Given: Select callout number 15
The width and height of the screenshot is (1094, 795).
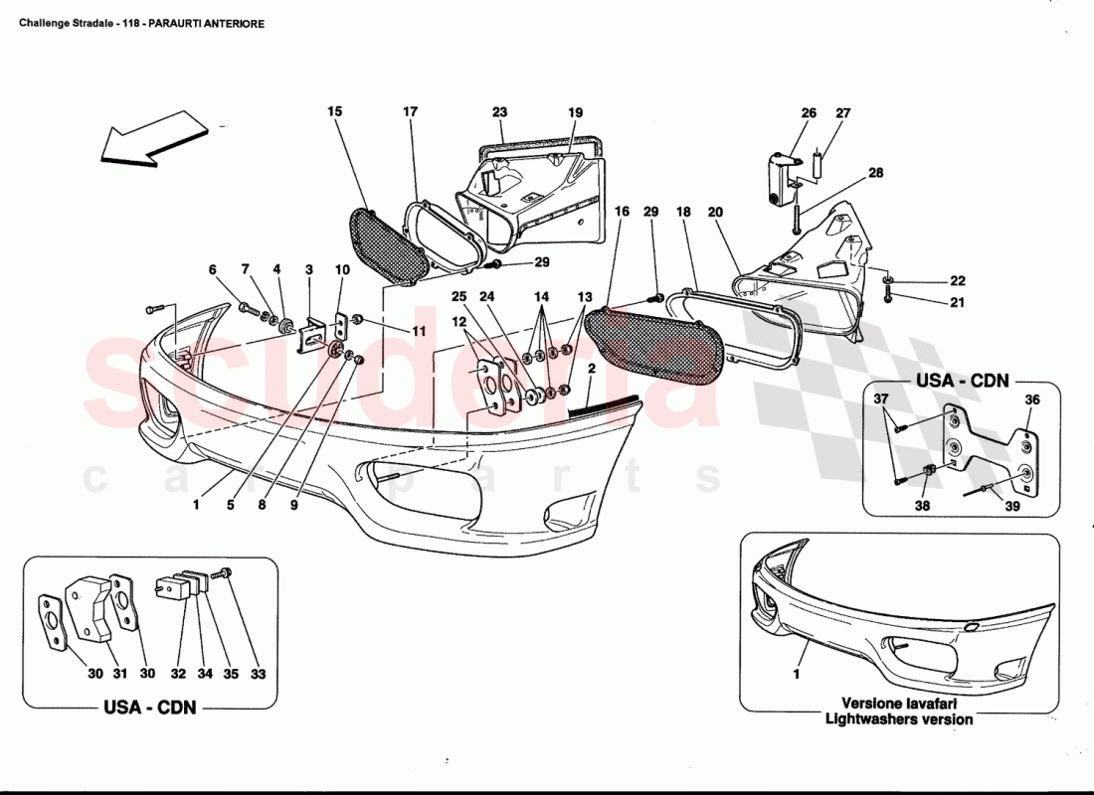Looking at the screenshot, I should [x=335, y=112].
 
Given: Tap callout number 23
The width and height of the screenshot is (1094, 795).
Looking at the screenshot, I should [x=499, y=112].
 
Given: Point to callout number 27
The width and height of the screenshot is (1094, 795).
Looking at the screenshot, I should [x=843, y=113].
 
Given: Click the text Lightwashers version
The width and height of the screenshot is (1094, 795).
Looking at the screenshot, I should [x=898, y=718].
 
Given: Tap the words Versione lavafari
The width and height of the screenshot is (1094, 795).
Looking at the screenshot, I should [x=898, y=702].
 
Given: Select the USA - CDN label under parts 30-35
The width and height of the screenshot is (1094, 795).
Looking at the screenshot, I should [x=149, y=708].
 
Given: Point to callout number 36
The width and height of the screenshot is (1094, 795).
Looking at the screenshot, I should [x=1032, y=399].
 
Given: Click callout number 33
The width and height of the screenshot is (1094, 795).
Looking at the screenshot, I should [x=258, y=675].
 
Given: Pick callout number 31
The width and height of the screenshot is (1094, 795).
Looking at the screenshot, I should [x=119, y=675].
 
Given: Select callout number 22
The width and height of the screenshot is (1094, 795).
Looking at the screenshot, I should [x=957, y=281].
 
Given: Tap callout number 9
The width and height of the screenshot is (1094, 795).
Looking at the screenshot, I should [x=294, y=505].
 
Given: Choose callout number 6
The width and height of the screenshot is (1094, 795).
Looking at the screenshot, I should [x=212, y=269].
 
